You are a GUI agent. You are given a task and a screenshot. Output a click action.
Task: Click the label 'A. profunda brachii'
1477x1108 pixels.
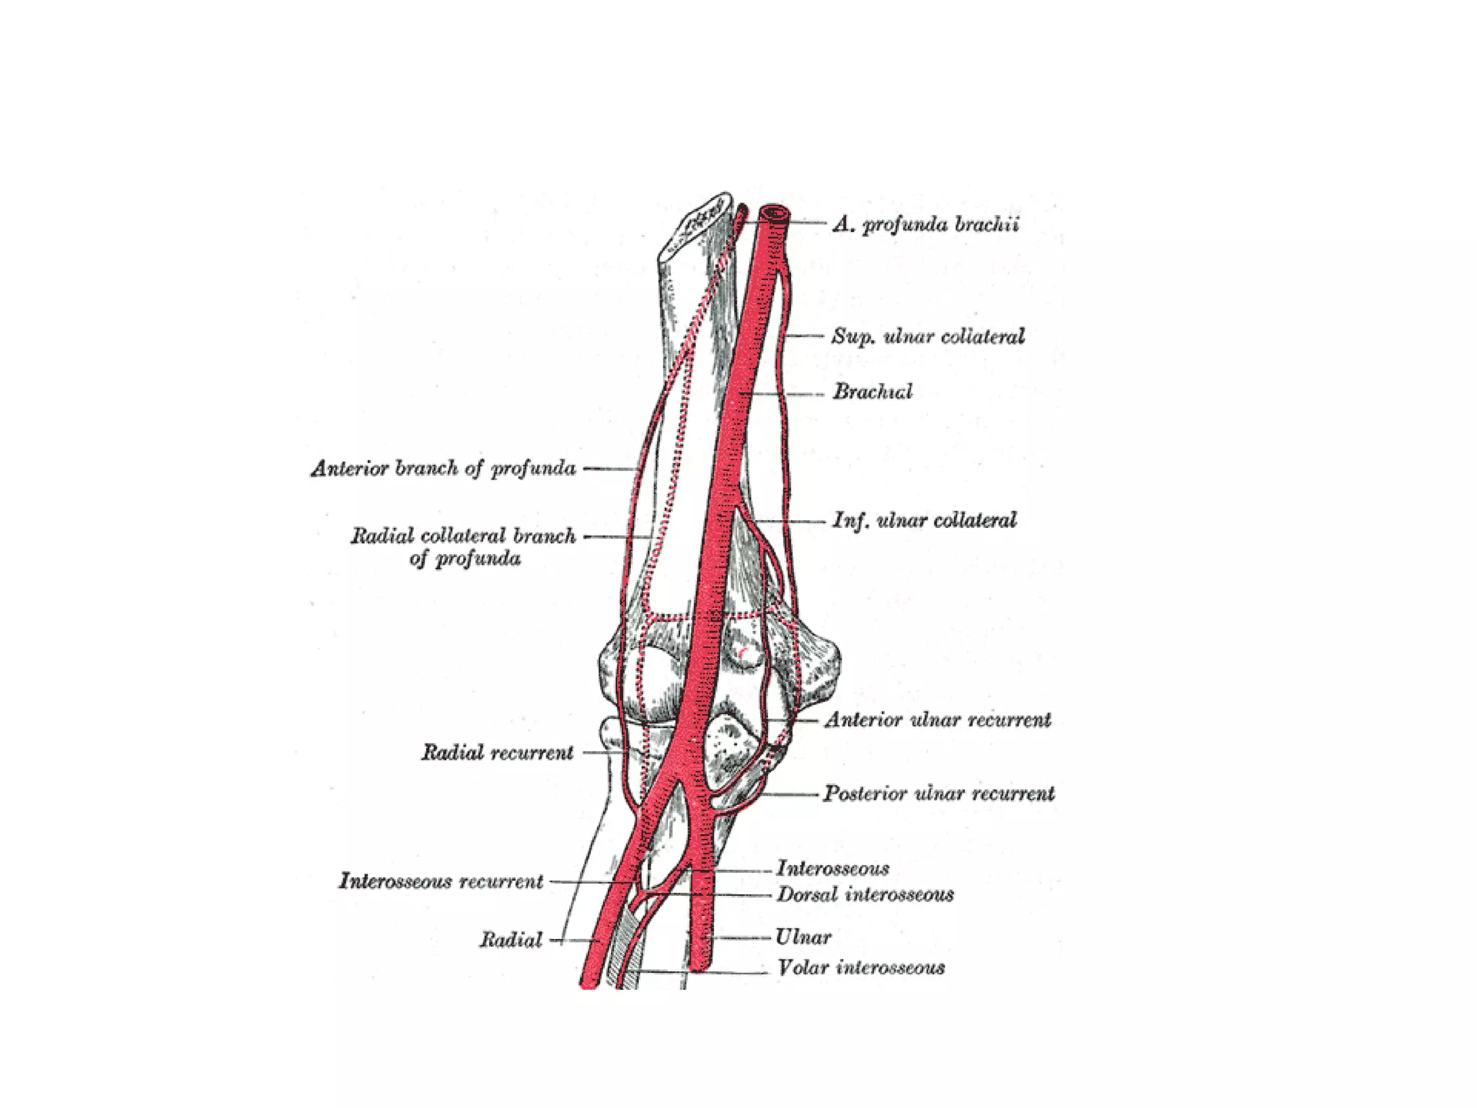(926, 225)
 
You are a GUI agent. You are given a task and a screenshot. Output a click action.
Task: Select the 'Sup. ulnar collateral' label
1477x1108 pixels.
(927, 337)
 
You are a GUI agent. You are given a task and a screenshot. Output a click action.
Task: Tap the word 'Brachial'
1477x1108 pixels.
(873, 392)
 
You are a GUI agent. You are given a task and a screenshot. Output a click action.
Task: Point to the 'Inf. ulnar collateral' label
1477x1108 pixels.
(925, 521)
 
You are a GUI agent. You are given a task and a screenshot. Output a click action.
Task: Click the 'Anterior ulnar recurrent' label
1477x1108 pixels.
(938, 720)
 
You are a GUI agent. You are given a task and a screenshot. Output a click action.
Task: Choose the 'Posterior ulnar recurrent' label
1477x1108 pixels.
(939, 794)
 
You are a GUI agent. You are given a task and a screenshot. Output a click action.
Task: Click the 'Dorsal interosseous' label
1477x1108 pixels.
(865, 895)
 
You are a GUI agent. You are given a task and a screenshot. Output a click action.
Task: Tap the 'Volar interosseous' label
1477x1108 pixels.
(861, 968)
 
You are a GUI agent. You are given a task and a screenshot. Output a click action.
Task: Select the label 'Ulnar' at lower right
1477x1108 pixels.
(803, 937)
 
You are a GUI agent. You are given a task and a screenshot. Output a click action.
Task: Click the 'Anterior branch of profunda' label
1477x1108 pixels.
(444, 469)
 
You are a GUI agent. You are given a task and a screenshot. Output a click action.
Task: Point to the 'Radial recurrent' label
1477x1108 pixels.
(498, 753)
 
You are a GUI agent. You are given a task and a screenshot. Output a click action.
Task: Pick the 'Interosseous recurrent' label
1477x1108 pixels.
(441, 881)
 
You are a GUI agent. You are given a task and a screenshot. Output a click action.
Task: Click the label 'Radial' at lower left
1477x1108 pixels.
(511, 940)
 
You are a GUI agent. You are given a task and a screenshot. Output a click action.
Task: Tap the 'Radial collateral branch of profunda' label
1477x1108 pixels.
(464, 547)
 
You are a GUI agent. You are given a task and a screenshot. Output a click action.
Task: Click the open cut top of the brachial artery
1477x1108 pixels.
(774, 213)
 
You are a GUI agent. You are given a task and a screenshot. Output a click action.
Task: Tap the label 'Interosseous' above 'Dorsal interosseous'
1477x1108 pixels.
(832, 869)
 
